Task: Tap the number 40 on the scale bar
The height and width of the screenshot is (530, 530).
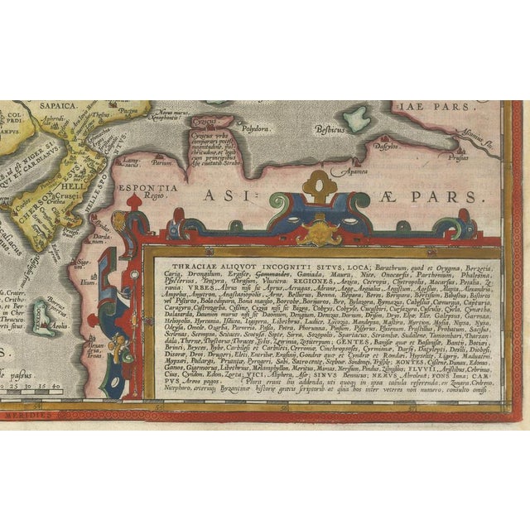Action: click(57, 384)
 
